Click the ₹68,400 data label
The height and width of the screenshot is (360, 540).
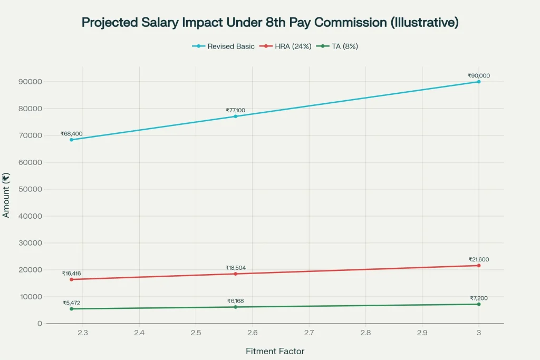pos(71,133)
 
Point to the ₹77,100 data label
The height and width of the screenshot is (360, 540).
pos(235,110)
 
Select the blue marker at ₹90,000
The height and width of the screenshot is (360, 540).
pos(479,82)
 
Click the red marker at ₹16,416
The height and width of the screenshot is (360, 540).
pos(71,279)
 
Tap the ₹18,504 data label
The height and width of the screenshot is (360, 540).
pos(235,268)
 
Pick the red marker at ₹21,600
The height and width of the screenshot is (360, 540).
pos(479,265)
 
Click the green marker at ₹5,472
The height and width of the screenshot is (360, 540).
pos(71,309)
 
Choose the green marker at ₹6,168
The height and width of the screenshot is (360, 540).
pos(235,307)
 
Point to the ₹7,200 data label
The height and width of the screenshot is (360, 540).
pos(479,298)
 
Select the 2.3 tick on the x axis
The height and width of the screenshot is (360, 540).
pos(83,333)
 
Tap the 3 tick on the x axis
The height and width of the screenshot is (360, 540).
pos(479,333)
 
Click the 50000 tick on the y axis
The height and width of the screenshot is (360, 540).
pos(30,189)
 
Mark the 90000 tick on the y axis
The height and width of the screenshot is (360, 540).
pos(30,82)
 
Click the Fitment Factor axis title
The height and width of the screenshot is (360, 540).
pos(275,351)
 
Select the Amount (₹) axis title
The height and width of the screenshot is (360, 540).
pos(6,195)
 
